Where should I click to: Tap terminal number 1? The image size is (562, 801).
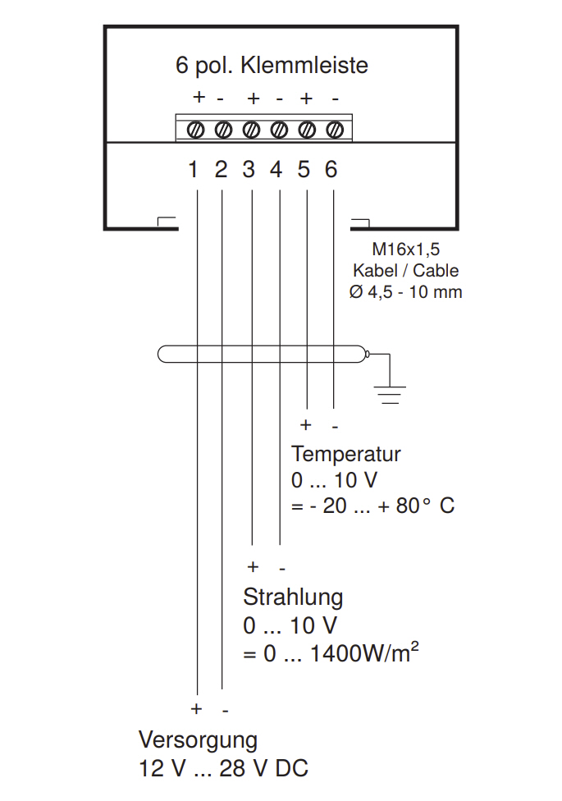click(194, 170)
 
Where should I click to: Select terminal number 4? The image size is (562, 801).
click(276, 170)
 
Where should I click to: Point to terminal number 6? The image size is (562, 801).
click(331, 170)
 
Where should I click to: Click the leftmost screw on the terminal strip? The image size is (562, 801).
click(196, 130)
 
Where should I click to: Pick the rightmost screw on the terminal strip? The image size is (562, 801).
click(334, 130)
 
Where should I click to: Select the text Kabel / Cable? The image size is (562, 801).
click(405, 271)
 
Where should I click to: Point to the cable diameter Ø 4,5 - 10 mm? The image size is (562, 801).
click(405, 291)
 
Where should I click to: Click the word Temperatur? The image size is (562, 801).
click(346, 454)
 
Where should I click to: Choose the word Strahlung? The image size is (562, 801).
click(293, 597)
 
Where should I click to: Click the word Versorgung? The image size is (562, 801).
click(198, 740)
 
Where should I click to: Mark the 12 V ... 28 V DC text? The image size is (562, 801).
click(224, 769)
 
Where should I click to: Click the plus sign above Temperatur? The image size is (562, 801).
click(306, 425)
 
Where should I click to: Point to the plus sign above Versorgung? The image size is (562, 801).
click(196, 708)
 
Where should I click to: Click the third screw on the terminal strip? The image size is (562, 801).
click(251, 130)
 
